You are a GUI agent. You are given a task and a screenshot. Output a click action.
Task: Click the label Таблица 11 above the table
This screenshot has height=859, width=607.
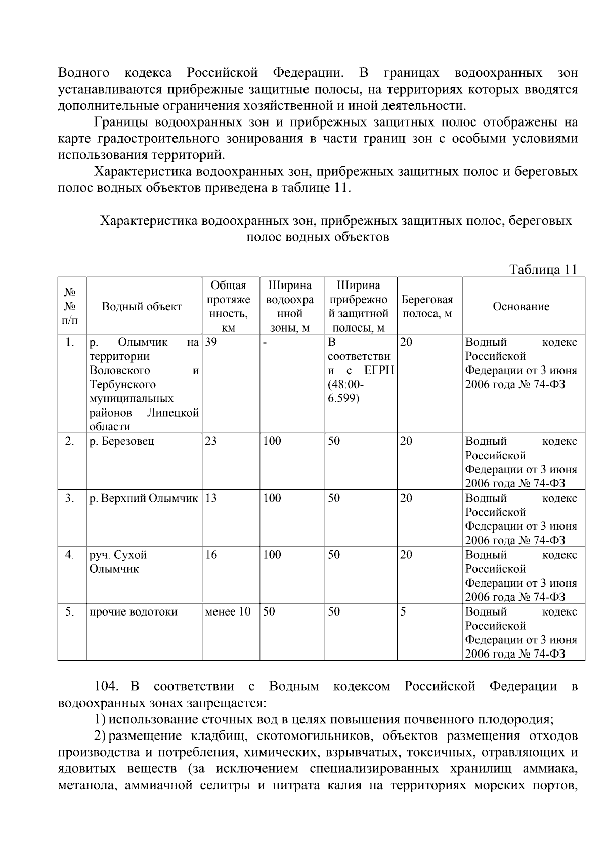point(543,269)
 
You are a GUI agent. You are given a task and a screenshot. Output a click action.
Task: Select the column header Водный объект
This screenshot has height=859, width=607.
point(142,306)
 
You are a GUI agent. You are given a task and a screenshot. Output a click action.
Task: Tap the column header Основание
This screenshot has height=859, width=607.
point(521,306)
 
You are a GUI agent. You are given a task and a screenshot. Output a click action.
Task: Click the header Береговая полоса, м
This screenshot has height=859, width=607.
point(427,306)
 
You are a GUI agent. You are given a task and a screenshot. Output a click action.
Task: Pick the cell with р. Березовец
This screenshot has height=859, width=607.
point(122,441)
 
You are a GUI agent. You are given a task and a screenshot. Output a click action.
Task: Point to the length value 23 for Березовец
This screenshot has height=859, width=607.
point(211,441)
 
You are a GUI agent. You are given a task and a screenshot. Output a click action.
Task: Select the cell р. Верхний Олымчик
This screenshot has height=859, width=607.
point(144,498)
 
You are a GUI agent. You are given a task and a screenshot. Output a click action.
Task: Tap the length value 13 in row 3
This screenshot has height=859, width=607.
point(211,498)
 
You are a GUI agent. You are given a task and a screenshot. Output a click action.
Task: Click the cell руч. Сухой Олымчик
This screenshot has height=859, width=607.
point(118,562)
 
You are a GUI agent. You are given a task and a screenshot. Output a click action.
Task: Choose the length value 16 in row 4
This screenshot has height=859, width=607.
point(211,555)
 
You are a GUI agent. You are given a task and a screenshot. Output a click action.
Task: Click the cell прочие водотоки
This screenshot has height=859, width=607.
point(134,611)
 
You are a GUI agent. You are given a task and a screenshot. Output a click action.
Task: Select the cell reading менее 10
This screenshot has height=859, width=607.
point(228,611)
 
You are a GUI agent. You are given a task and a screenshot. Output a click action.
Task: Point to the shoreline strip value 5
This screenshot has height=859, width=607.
point(403,611)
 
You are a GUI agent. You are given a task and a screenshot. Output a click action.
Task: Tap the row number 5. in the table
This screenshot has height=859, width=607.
point(70,611)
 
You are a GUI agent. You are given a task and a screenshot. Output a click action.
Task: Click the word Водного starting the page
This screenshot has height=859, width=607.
point(84,73)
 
